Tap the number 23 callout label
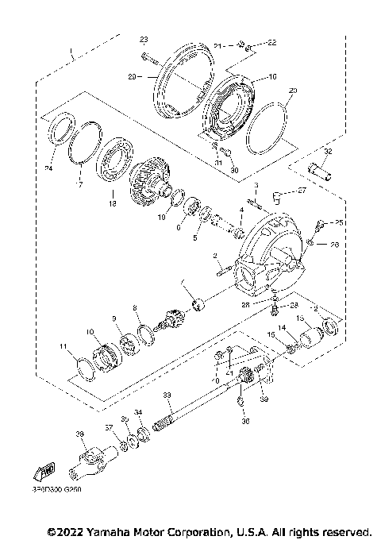[144, 39]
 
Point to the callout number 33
[167, 395]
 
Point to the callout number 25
[338, 223]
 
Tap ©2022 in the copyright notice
[64, 530]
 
